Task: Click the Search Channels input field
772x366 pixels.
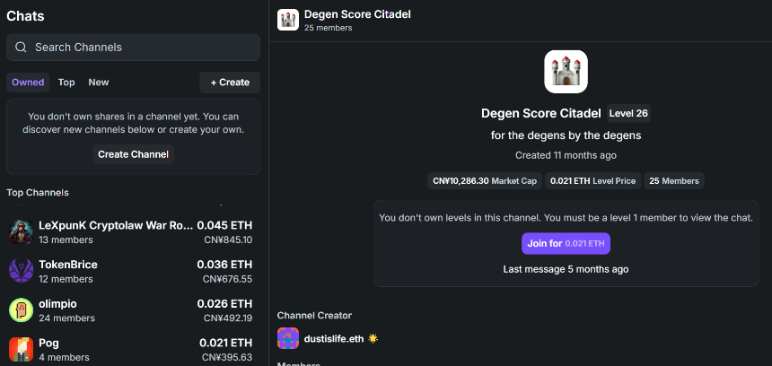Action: (133, 48)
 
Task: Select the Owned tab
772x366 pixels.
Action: (28, 83)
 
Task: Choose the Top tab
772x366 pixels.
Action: (66, 83)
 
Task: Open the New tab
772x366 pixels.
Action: (99, 83)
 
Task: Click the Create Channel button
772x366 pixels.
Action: (133, 154)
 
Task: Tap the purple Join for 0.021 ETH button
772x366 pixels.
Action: (566, 243)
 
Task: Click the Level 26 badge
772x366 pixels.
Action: (628, 113)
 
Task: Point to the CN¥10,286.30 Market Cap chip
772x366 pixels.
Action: (485, 181)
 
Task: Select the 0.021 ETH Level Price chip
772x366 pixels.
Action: (592, 181)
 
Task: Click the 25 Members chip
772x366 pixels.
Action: (674, 181)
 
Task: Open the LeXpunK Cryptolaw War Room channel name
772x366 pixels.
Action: (116, 225)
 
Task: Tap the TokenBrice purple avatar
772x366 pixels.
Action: (22, 271)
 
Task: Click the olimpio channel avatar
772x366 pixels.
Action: (22, 309)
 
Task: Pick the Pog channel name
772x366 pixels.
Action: (48, 343)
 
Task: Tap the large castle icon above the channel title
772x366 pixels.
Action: (566, 72)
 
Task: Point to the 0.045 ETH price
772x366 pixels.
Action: (224, 225)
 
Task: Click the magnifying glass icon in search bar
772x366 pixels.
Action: (21, 48)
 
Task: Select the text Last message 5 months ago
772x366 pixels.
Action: (566, 269)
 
